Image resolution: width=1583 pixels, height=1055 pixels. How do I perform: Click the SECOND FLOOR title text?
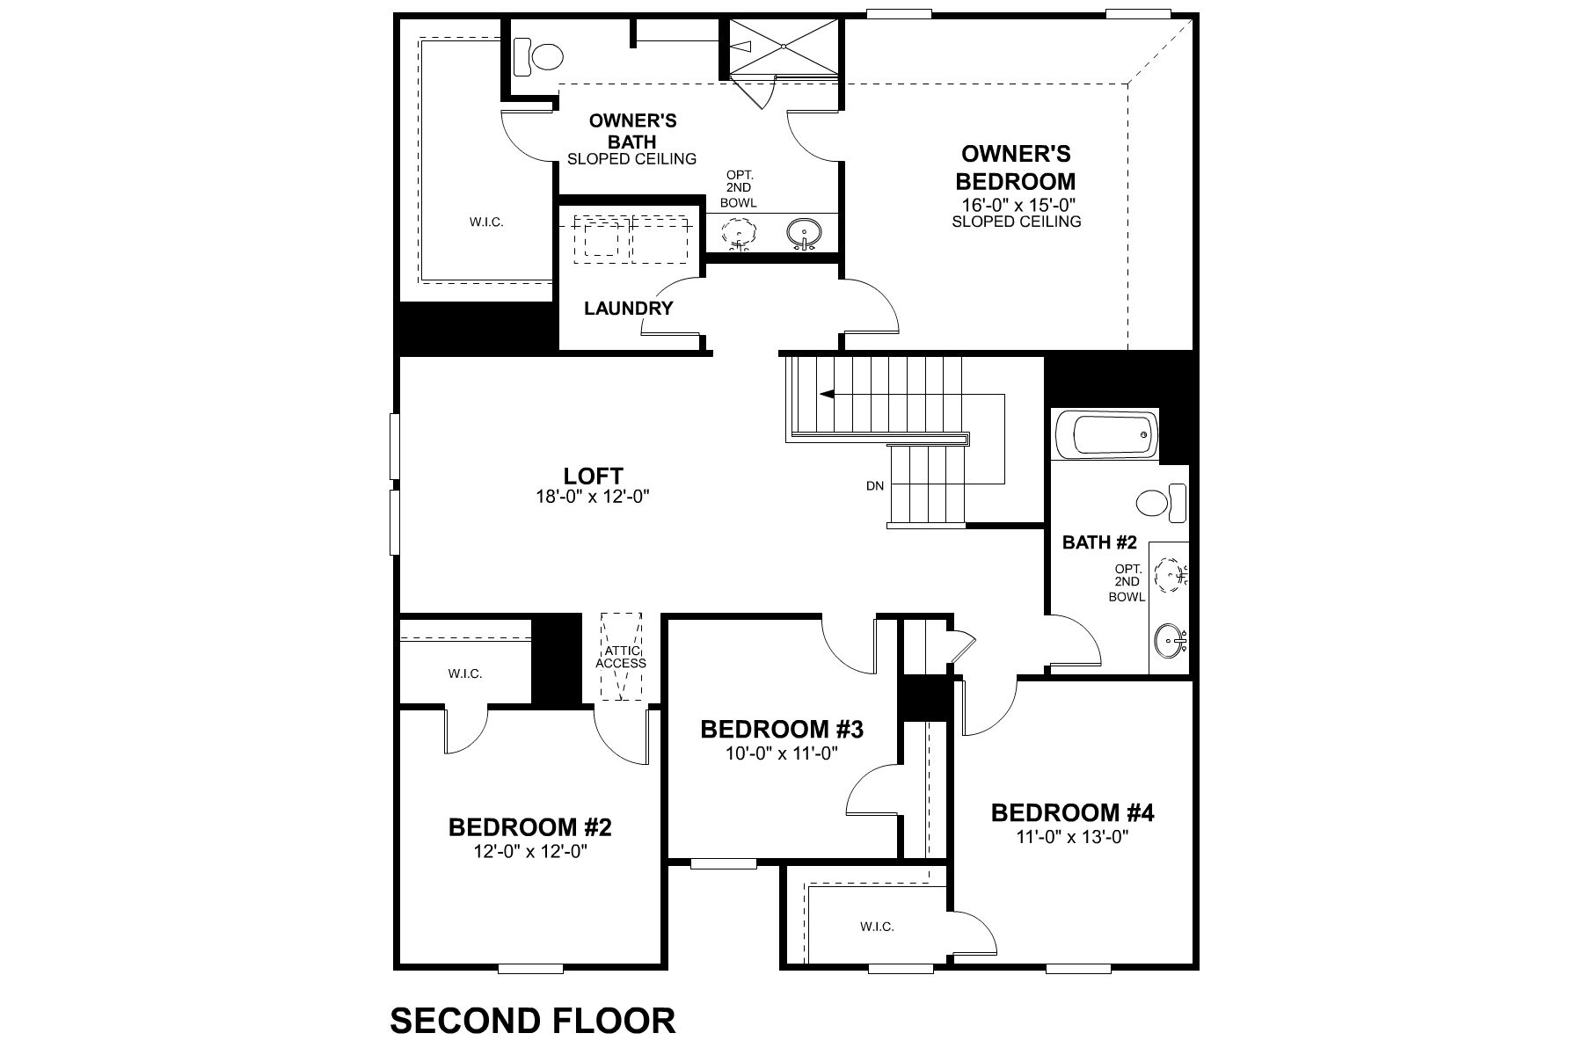(532, 1021)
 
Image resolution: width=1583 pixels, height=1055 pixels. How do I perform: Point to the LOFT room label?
(593, 476)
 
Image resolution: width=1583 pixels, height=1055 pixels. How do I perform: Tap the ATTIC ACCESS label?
(621, 657)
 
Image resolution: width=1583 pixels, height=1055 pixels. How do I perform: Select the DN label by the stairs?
(874, 485)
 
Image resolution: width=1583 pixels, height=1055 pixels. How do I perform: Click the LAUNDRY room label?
(628, 309)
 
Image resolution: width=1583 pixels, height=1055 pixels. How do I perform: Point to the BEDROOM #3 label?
(782, 729)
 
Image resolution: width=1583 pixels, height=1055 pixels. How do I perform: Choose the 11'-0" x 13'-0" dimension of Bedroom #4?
(1072, 837)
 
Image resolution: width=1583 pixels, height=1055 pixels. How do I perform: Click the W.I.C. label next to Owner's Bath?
(486, 222)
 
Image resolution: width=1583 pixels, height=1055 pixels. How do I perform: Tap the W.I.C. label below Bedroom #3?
(877, 927)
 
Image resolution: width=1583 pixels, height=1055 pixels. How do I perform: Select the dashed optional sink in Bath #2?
(1171, 576)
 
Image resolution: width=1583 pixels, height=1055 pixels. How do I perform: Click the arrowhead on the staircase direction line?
(827, 395)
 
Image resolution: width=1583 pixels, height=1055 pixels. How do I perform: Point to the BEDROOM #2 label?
(529, 827)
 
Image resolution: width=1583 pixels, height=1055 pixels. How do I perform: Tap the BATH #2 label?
(1099, 542)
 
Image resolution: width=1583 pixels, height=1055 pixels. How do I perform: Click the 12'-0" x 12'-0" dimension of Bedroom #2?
(529, 851)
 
